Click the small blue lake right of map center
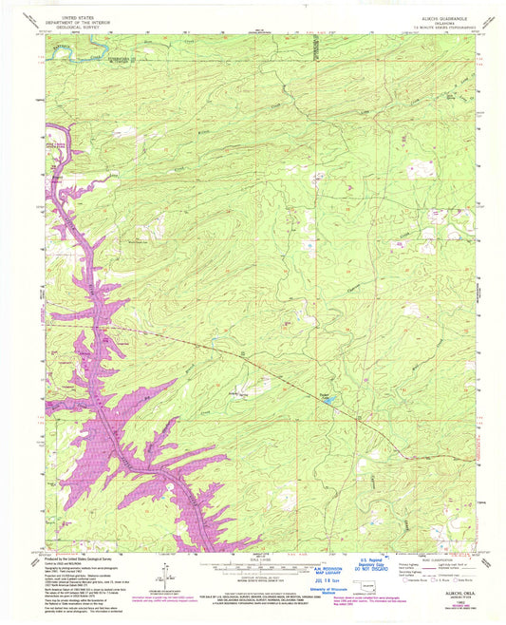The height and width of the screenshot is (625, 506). point(328,402)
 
